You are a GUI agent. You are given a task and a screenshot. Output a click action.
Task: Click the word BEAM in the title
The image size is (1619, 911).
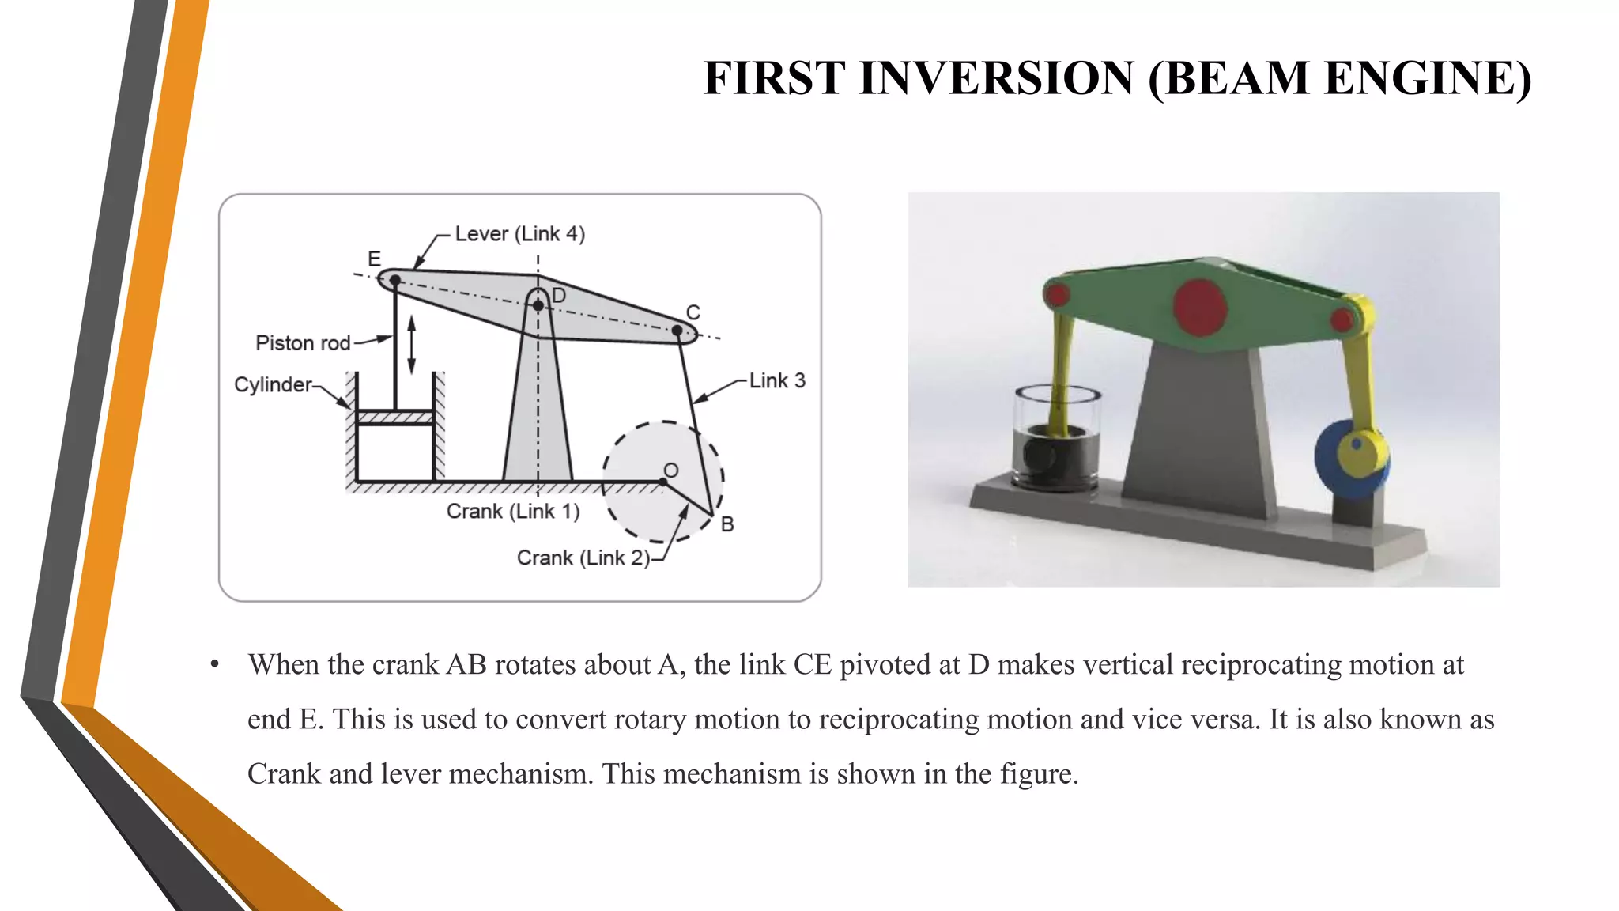tap(1237, 78)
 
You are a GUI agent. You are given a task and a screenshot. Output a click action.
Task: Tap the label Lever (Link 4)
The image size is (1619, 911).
tap(519, 234)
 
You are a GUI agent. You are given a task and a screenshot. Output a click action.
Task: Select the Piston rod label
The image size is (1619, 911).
tap(303, 343)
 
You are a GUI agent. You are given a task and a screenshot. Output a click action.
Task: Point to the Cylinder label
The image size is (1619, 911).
tap(273, 384)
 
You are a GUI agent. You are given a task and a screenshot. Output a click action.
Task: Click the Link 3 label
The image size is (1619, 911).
tap(777, 381)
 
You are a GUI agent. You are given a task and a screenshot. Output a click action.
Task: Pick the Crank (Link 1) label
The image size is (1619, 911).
tap(513, 512)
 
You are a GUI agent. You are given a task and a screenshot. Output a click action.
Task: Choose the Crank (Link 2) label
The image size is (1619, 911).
tap(583, 558)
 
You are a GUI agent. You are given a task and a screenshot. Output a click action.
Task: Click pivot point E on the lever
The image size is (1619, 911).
tap(395, 280)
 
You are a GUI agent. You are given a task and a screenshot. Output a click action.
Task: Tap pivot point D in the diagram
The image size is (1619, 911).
tap(538, 305)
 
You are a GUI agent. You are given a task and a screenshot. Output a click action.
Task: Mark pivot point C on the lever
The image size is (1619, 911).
tap(677, 330)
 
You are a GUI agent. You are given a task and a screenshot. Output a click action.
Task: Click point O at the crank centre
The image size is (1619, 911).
tap(662, 482)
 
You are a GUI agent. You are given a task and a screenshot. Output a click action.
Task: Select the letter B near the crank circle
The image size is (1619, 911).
tap(727, 524)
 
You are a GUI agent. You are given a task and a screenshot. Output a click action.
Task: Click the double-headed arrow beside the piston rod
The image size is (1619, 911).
tap(411, 344)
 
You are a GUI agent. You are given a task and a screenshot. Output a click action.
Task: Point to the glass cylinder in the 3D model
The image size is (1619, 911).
tap(1057, 439)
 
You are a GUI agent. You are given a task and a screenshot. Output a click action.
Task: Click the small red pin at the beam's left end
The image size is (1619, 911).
tap(1056, 297)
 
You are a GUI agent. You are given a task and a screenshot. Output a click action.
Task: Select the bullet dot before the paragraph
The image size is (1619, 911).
tap(215, 665)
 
